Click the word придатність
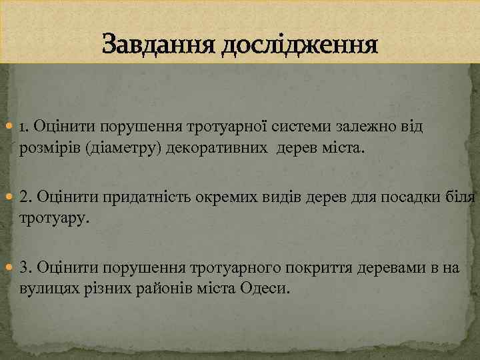coord(126,197)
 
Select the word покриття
coord(319,269)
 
